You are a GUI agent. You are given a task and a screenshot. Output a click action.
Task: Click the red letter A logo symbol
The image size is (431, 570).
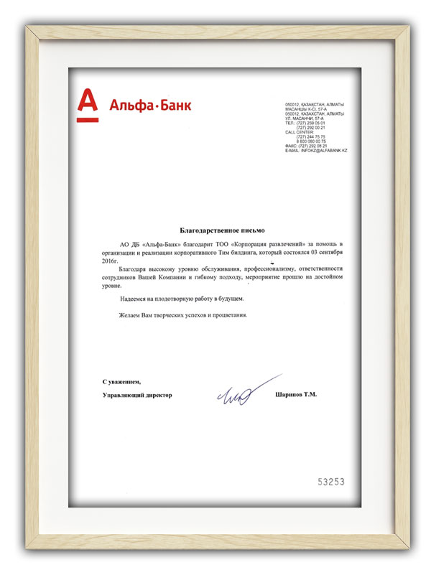(87, 103)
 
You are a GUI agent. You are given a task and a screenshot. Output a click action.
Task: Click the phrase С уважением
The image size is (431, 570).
(121, 381)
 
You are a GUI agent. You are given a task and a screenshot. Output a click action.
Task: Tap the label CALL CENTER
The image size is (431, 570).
(300, 132)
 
